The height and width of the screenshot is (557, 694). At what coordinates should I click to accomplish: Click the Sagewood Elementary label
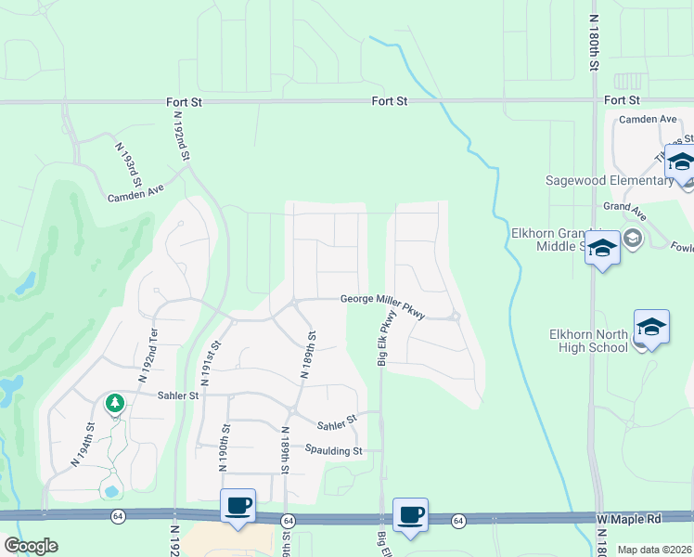pyautogui.click(x=609, y=180)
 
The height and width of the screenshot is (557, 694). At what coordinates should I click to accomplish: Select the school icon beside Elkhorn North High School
pyautogui.click(x=651, y=327)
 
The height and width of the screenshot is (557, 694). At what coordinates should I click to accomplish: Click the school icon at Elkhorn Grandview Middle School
pyautogui.click(x=602, y=248)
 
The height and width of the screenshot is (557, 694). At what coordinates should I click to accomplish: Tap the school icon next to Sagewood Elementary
pyautogui.click(x=681, y=162)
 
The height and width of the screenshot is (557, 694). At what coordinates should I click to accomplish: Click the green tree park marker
pyautogui.click(x=115, y=403)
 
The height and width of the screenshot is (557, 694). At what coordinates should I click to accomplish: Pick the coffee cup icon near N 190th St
pyautogui.click(x=238, y=506)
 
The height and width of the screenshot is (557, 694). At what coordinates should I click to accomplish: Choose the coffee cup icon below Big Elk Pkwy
pyautogui.click(x=410, y=513)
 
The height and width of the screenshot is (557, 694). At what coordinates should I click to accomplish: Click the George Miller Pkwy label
pyautogui.click(x=381, y=303)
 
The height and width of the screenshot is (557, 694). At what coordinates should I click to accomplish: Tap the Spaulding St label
pyautogui.click(x=332, y=449)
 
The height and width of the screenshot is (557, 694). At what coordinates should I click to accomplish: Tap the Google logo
pyautogui.click(x=31, y=546)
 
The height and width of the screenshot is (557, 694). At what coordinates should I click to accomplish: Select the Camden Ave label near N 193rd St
pyautogui.click(x=135, y=193)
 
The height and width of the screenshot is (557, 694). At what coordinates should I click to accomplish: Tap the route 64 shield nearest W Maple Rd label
pyautogui.click(x=458, y=522)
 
